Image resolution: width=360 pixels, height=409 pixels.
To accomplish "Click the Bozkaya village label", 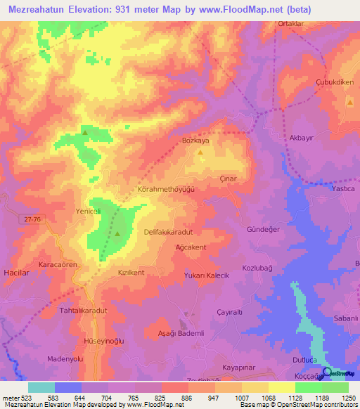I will (196, 141).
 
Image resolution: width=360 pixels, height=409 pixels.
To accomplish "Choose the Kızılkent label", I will (131, 272).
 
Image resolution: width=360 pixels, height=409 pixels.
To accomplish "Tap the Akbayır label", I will (301, 138).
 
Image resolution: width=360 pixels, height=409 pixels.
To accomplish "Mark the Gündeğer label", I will (283, 231).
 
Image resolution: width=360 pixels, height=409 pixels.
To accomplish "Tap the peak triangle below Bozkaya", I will (200, 152).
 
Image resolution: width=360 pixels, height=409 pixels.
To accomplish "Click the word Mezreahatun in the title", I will (40, 10).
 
